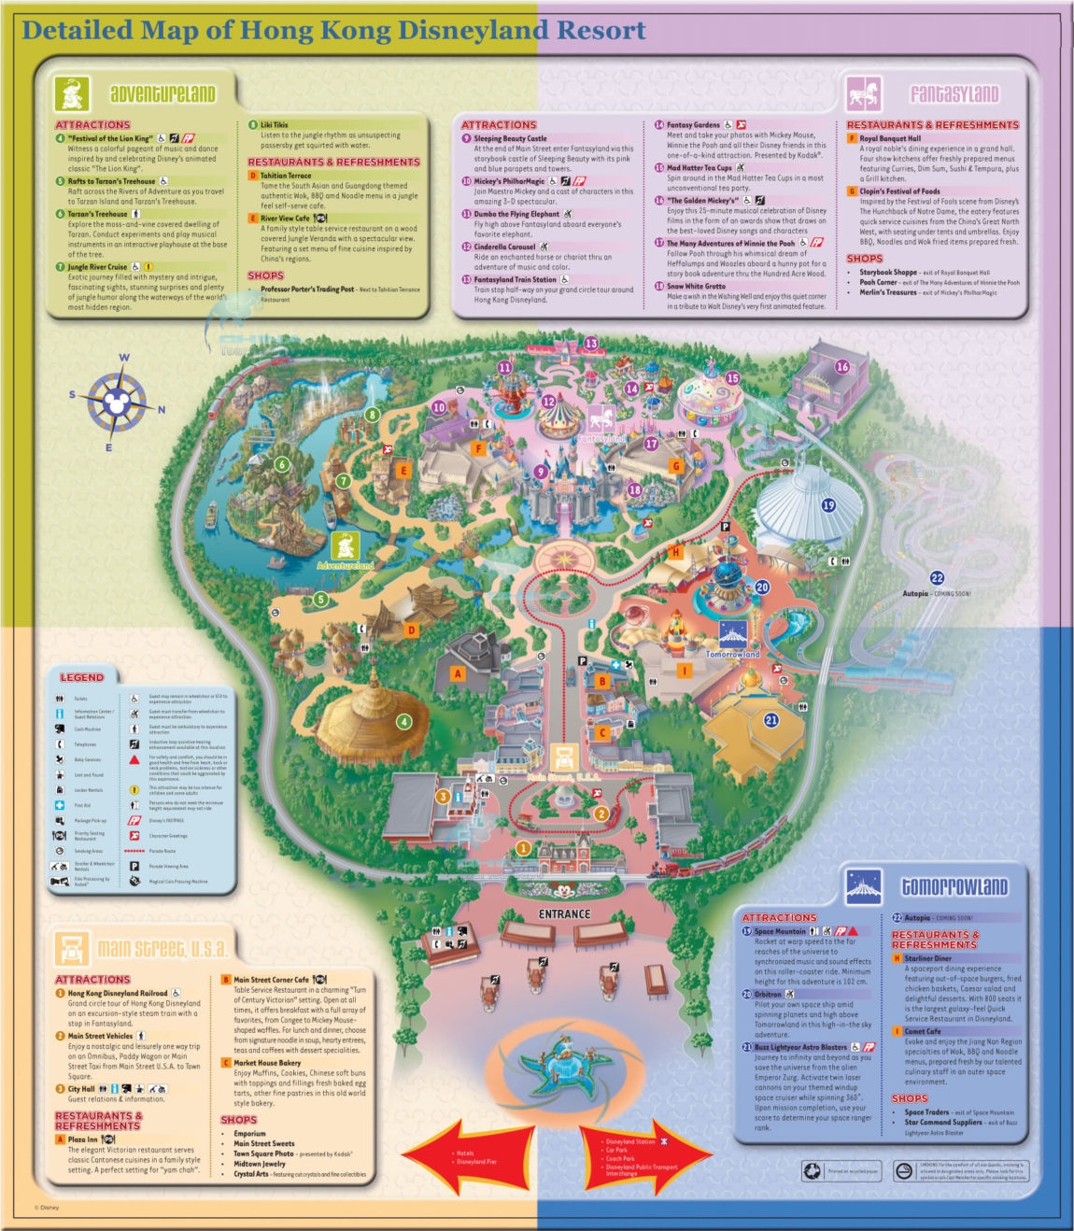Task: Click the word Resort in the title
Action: (x=601, y=30)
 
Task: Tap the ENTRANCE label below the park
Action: (x=564, y=913)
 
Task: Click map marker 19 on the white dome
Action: (x=828, y=505)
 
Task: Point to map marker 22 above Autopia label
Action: (x=937, y=578)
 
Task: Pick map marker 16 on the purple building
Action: (x=842, y=367)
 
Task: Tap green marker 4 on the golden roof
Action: (x=403, y=721)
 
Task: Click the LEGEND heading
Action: (x=82, y=677)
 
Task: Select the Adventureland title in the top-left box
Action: (x=163, y=94)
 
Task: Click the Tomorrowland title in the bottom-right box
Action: (x=954, y=886)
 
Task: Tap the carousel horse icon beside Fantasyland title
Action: (x=863, y=93)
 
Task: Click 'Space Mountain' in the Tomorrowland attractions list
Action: (x=780, y=931)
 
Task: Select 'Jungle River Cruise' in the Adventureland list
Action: (x=97, y=267)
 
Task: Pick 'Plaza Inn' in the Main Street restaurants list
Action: (x=82, y=1139)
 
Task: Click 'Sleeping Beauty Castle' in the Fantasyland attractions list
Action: (x=510, y=138)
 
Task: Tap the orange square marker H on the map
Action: (x=676, y=551)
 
